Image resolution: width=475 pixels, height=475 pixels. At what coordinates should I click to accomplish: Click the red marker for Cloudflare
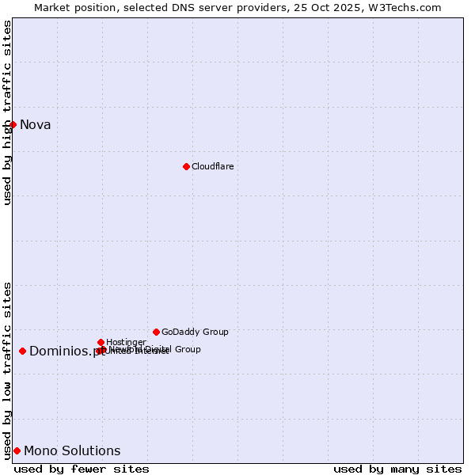coord(186,166)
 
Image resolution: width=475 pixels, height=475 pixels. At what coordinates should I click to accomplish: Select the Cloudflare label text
coord(212,166)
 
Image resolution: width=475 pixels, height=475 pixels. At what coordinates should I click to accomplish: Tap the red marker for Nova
coord(13,124)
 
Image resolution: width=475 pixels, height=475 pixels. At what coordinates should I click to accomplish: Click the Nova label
coord(35,124)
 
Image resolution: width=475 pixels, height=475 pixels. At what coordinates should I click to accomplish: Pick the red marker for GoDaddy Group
coord(156,332)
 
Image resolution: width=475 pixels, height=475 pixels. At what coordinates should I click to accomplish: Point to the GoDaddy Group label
coord(195,332)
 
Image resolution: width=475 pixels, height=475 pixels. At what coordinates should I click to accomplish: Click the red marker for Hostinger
coord(101,342)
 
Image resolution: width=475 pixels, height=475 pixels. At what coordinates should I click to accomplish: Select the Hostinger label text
coord(126,342)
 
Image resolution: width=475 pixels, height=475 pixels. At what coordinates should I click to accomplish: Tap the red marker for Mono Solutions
coord(17,450)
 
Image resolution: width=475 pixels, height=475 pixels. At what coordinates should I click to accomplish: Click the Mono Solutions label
coord(72,450)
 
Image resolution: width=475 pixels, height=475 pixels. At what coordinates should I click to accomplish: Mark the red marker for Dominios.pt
coord(22,351)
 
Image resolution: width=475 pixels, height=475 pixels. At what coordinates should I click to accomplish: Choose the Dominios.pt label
coord(66,351)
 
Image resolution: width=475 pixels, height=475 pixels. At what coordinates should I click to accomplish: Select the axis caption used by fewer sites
coord(82,469)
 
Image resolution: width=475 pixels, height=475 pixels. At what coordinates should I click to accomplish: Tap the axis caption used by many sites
coord(397,469)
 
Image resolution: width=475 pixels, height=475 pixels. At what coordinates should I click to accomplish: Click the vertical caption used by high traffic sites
coord(7,112)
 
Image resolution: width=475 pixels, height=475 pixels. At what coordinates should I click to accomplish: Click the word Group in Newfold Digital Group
coord(187,349)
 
